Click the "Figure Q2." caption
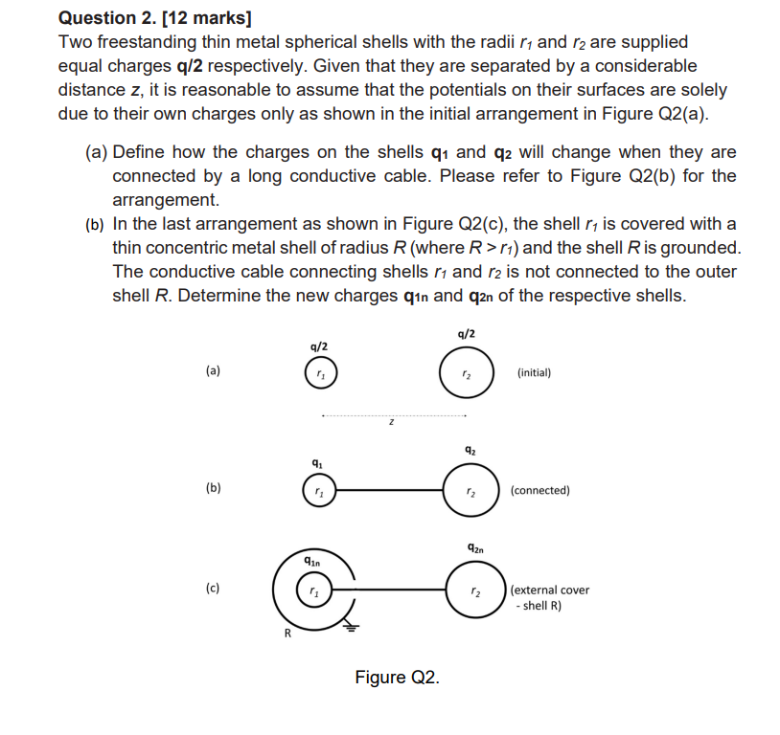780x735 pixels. pos(397,678)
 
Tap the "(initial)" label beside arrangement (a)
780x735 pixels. pos(534,372)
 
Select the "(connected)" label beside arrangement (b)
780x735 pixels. pos(540,490)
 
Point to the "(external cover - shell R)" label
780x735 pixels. pos(551,597)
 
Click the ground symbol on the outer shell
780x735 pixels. pos(350,627)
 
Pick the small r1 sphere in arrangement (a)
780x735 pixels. pos(320,373)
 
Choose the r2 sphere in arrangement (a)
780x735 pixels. pos(466,372)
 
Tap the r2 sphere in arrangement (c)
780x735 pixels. pos(474,590)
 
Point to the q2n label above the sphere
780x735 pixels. pos(476,548)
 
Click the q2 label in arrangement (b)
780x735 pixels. pos(470,449)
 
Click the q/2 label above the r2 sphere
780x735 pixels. pos(466,333)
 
